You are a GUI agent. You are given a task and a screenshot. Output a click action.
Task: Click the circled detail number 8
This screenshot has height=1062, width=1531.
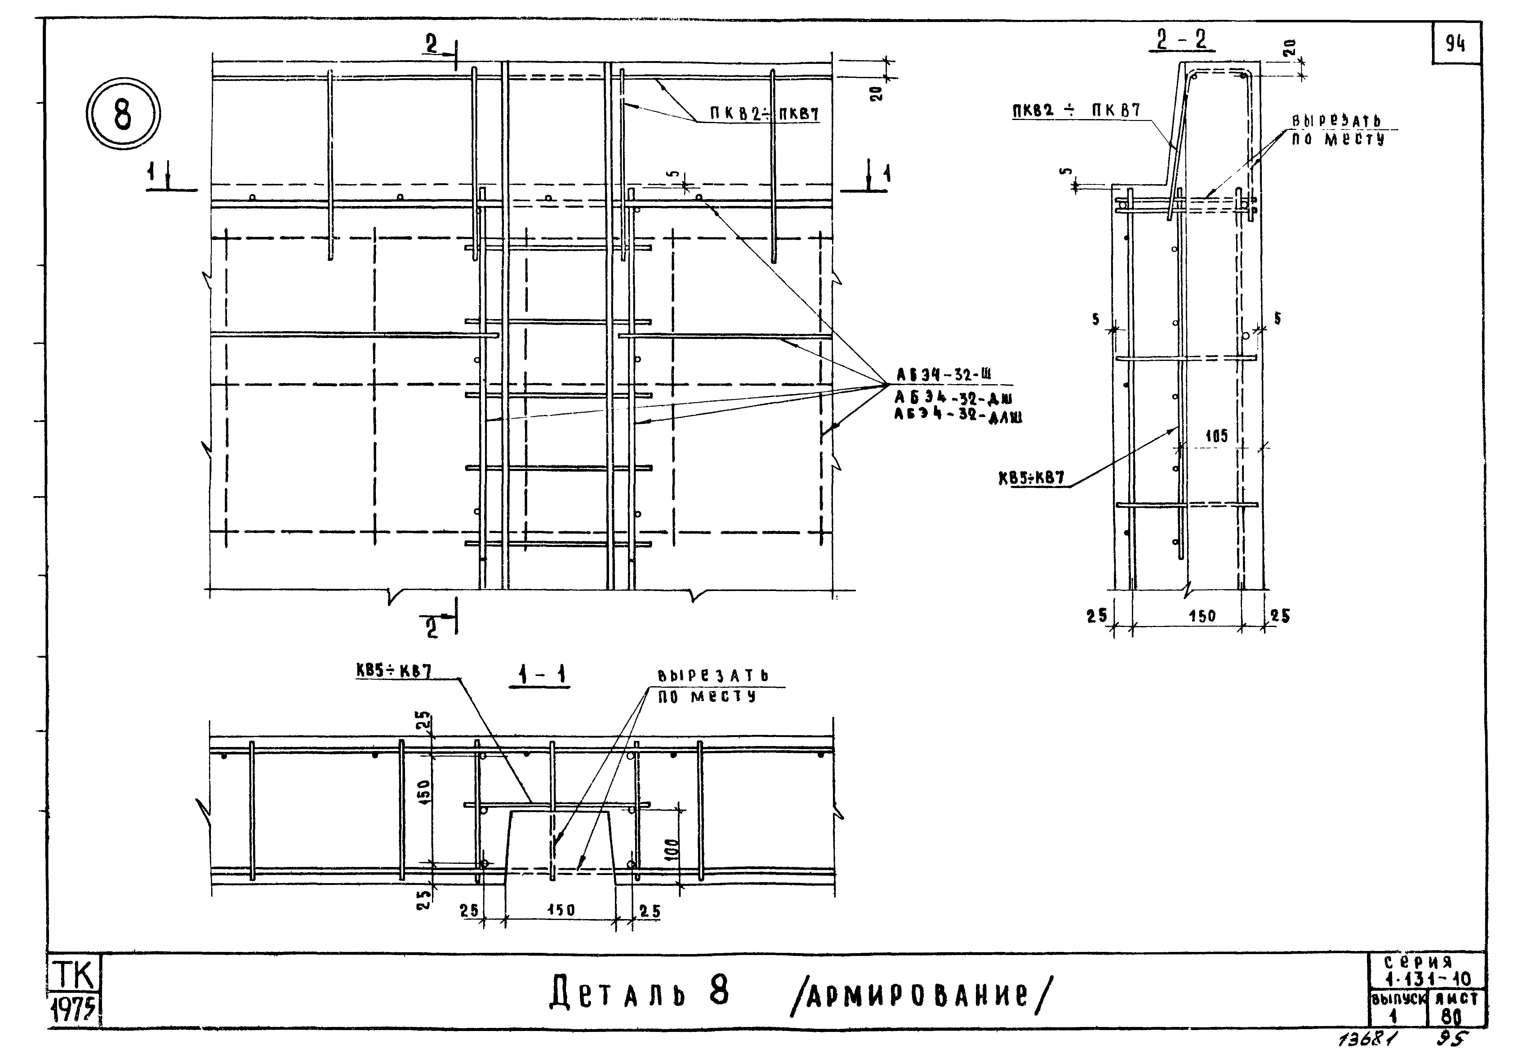tap(123, 114)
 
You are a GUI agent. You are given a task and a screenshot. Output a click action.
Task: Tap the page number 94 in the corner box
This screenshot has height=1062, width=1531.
tap(1455, 44)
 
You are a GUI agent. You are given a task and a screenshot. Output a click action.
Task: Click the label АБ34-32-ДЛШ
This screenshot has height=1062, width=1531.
tap(958, 416)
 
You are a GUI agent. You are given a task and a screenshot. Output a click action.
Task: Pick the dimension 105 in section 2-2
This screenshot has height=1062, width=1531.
tap(1216, 437)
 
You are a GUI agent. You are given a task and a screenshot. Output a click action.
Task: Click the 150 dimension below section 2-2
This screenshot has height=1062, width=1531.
tap(1202, 616)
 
